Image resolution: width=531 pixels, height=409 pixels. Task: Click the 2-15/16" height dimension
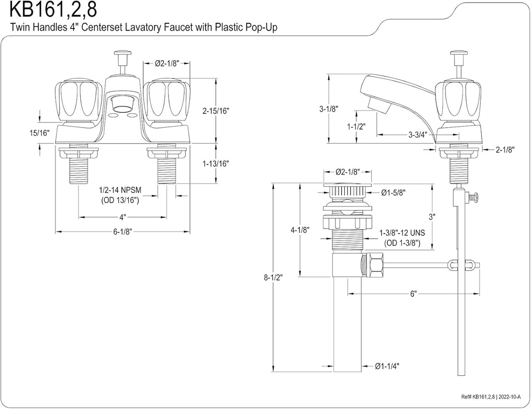click(x=216, y=111)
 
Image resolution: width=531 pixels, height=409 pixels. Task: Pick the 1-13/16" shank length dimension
click(x=216, y=163)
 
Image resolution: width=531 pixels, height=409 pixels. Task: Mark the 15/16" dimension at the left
click(x=39, y=133)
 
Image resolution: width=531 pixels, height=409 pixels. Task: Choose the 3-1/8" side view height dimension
click(x=329, y=109)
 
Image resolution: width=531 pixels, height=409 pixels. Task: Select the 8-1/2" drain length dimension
click(x=273, y=277)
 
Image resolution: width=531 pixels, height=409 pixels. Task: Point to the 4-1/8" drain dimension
click(x=300, y=229)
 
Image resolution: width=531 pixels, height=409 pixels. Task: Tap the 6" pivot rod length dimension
click(x=413, y=294)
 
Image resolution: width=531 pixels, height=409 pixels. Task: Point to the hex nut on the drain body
click(x=372, y=266)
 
